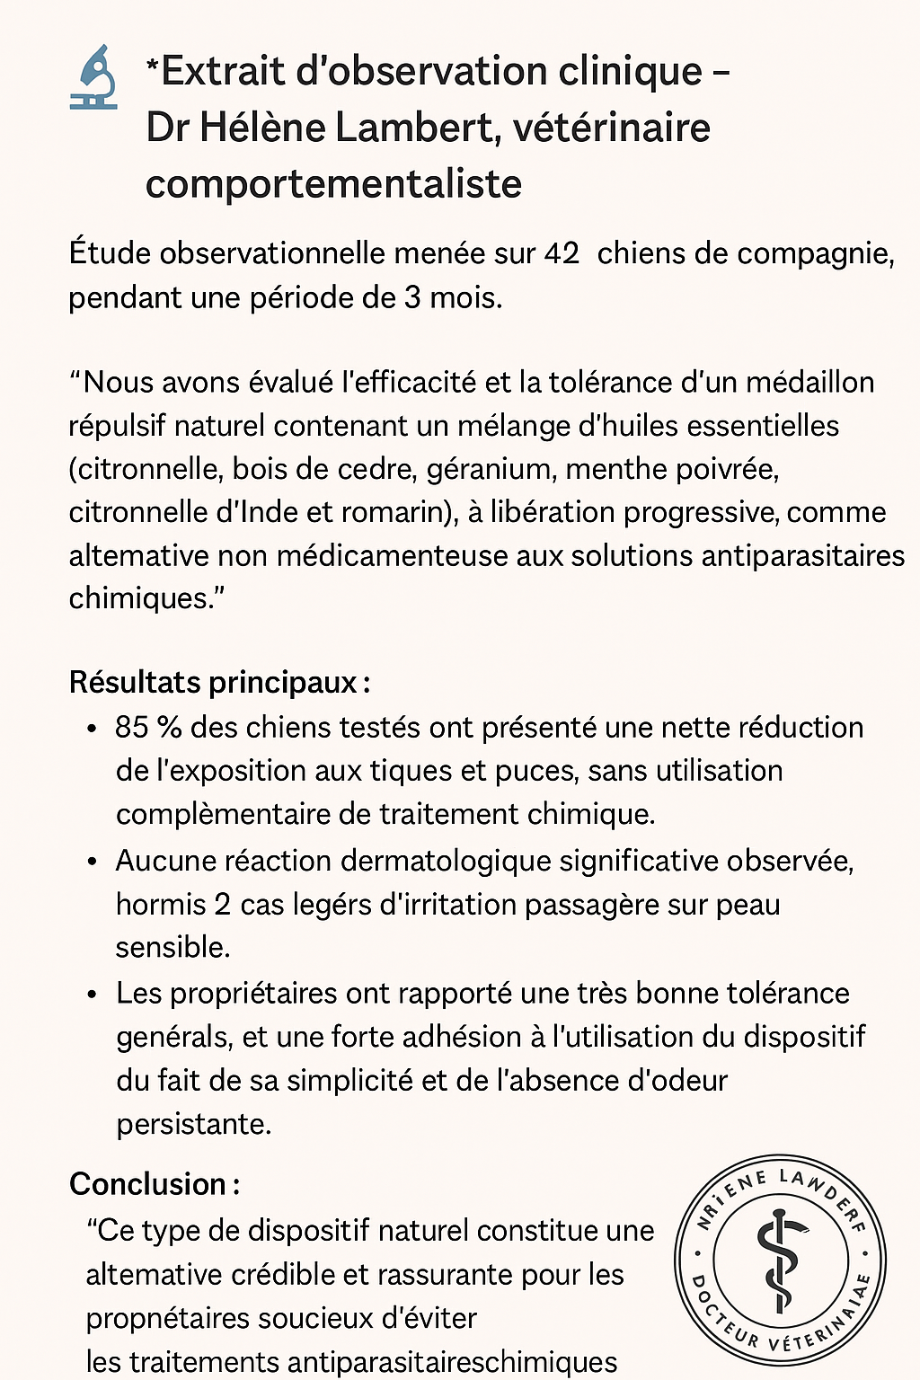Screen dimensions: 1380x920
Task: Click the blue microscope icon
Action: click(x=93, y=77)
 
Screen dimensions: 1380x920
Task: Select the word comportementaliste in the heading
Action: click(x=333, y=184)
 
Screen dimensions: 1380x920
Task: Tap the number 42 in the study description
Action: click(x=562, y=254)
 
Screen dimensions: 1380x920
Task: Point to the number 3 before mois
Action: click(x=412, y=297)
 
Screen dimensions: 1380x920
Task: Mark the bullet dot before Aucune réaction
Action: click(x=92, y=862)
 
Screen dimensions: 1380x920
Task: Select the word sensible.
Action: click(x=172, y=947)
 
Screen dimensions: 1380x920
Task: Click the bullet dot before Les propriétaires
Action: click(x=92, y=995)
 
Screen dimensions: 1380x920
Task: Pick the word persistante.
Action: click(x=193, y=1124)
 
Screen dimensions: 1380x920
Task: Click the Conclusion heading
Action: click(x=154, y=1184)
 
